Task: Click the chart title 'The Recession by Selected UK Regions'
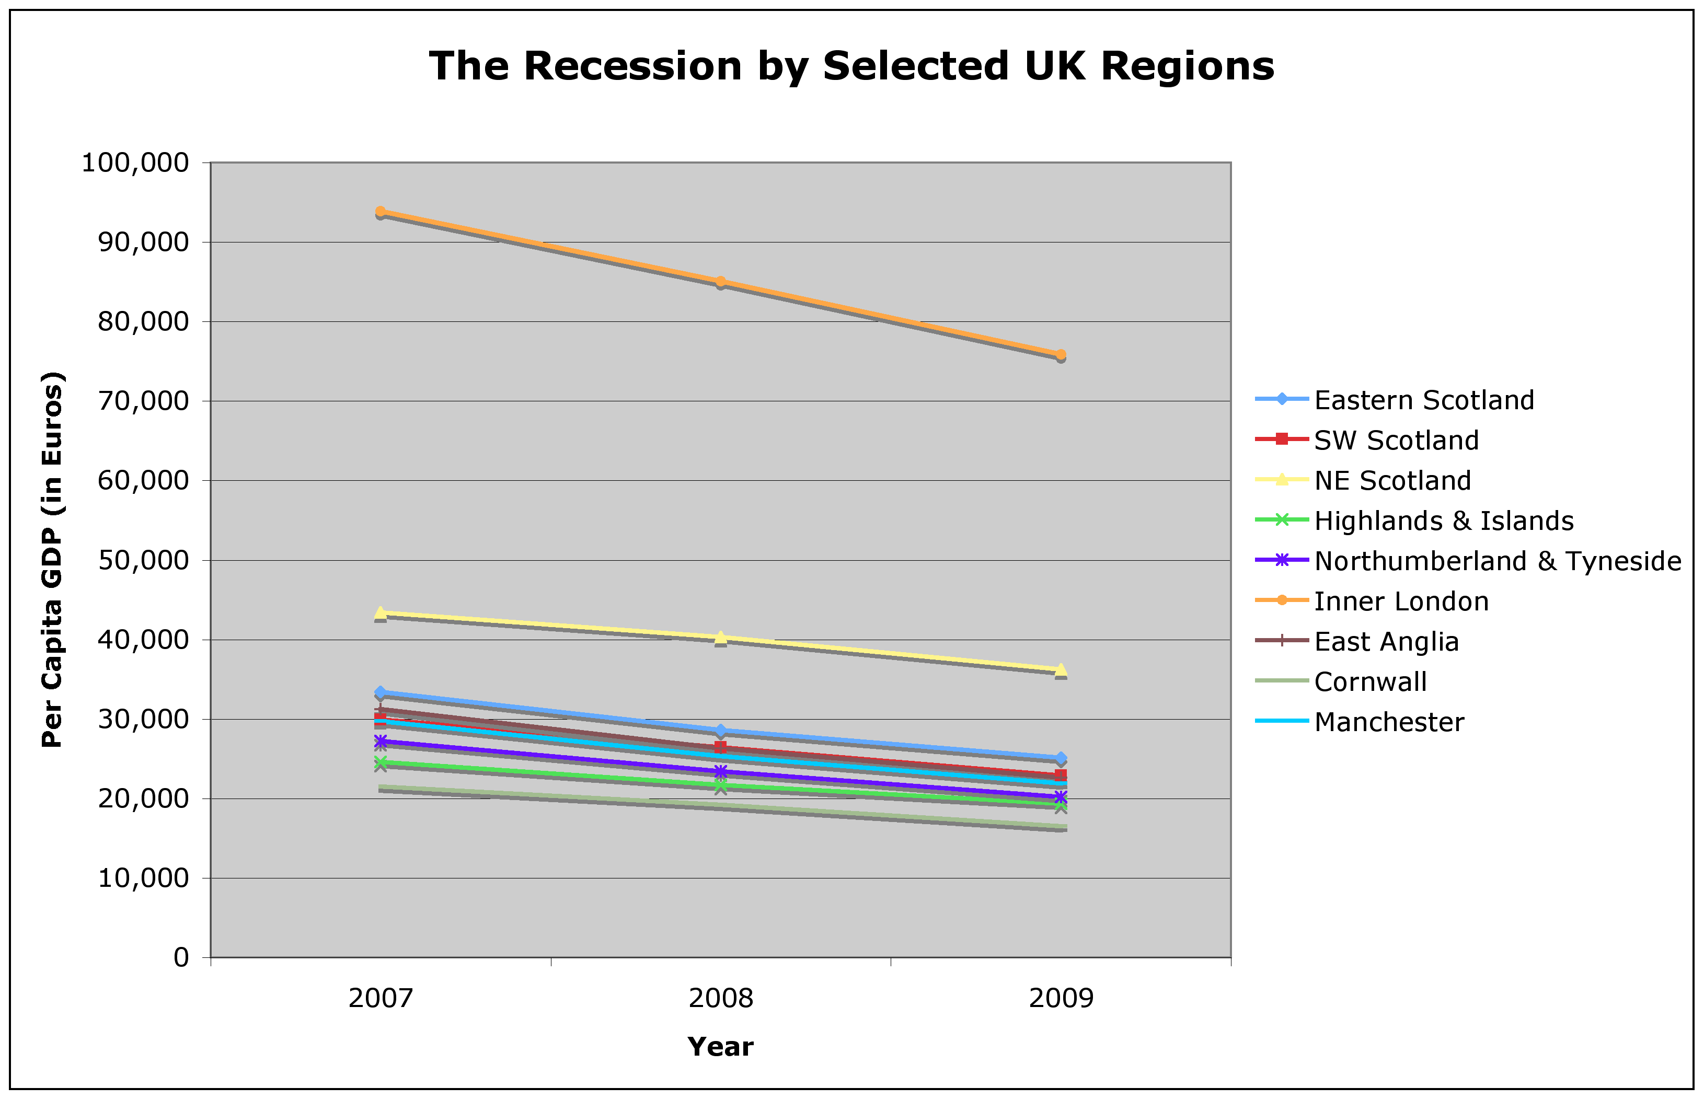(851, 66)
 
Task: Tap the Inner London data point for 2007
(381, 212)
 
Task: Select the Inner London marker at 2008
(721, 281)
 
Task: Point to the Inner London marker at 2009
(1061, 355)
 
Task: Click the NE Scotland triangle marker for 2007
(381, 612)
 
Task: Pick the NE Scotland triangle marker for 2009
(1061, 669)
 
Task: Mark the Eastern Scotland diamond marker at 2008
(721, 730)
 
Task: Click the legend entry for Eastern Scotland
(1423, 400)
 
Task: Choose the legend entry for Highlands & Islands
(1444, 521)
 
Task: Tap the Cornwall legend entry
(1370, 682)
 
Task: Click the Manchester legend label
(1389, 722)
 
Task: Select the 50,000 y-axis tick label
(143, 561)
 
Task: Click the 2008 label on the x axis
(721, 998)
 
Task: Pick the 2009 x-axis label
(1061, 998)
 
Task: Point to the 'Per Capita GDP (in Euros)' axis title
(53, 560)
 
